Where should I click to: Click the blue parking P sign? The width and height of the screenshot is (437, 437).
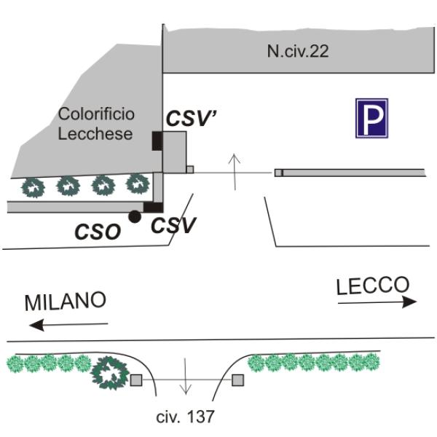tap(371, 119)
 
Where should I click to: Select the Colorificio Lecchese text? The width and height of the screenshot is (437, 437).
tap(95, 124)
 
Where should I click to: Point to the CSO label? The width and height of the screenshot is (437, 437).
tap(98, 232)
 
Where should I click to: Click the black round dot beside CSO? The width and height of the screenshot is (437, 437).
tap(134, 216)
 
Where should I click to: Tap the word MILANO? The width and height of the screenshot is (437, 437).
tap(66, 301)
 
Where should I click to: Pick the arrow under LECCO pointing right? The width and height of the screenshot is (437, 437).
tap(377, 301)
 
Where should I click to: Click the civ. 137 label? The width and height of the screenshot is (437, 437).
tap(186, 417)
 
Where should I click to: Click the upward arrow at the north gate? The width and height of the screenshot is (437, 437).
tap(234, 172)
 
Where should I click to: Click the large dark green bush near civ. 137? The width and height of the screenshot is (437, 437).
tap(110, 372)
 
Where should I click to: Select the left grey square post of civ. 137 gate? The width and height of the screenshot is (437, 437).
tap(136, 379)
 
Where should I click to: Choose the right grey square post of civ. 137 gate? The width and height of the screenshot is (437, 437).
tap(237, 379)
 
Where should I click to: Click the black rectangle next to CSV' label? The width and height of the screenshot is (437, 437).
tap(157, 141)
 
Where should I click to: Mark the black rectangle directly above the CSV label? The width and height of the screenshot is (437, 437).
tap(153, 208)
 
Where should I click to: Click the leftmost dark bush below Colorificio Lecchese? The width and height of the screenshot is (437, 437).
tap(32, 186)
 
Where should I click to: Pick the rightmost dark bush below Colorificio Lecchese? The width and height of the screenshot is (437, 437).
tap(136, 183)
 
